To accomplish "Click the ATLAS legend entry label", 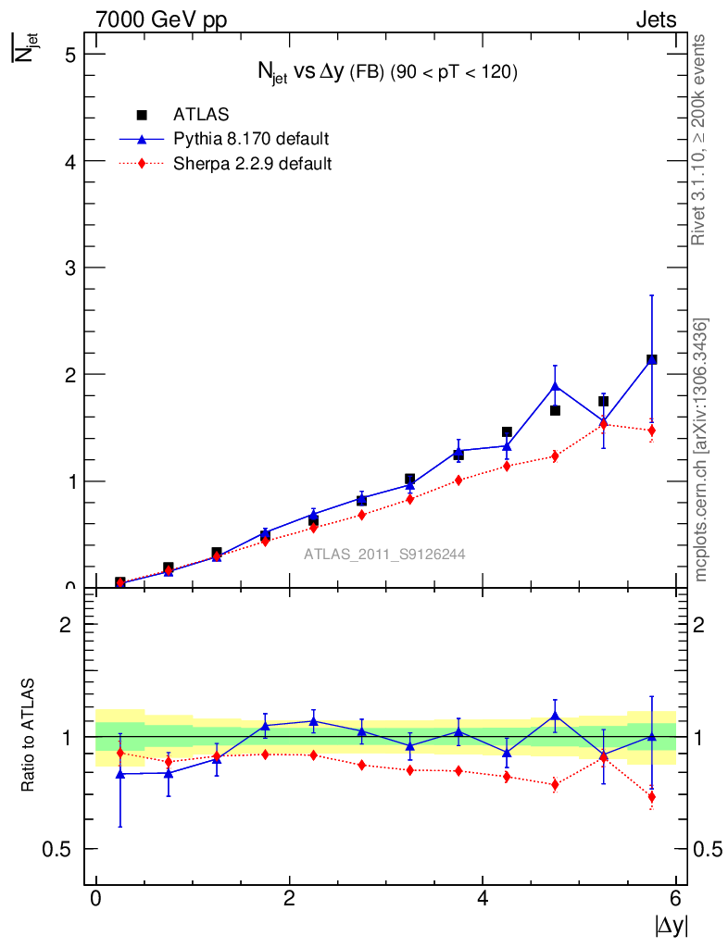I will [x=201, y=114].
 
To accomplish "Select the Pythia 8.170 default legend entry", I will [x=251, y=139].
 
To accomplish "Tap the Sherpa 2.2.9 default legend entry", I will [x=253, y=164].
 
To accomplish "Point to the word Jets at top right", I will [x=655, y=19].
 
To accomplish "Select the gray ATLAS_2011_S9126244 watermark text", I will [x=384, y=555].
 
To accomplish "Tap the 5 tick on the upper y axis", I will [x=68, y=54].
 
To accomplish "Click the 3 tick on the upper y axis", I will [x=68, y=268].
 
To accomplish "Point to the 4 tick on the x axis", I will [x=483, y=899].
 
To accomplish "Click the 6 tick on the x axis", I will [x=676, y=899].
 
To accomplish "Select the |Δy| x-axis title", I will [x=671, y=925].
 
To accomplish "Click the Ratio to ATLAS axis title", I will [x=30, y=736].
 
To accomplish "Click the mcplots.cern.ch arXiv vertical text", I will [x=702, y=450].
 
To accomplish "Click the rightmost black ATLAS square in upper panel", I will [x=652, y=359].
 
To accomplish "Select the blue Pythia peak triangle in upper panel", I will [x=556, y=385].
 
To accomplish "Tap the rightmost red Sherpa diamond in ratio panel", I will [x=652, y=796].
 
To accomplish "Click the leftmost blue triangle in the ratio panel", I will [x=120, y=773].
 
